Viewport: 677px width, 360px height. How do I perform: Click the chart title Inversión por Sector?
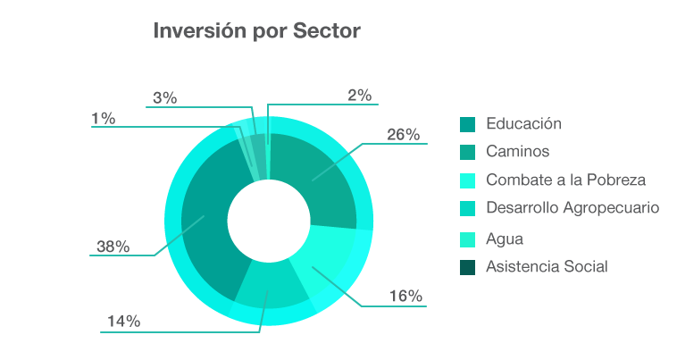[257, 32]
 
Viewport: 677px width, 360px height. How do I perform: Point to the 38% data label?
[113, 247]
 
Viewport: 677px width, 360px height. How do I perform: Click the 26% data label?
[403, 135]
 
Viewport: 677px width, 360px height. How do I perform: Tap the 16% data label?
[405, 297]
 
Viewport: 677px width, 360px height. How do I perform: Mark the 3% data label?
[164, 98]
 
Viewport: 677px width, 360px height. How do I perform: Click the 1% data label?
[103, 118]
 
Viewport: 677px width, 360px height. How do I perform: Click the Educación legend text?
[523, 123]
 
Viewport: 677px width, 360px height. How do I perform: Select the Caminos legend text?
[517, 151]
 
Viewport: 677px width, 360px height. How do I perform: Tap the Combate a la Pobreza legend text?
[565, 180]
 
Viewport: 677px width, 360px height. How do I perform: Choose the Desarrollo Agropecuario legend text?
[573, 208]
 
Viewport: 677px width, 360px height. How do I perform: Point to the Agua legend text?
[505, 239]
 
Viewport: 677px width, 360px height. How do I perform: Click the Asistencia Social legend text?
[547, 266]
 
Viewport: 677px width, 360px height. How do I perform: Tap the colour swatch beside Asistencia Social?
[467, 267]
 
